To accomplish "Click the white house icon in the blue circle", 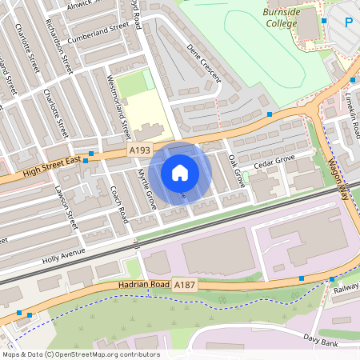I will (180, 173).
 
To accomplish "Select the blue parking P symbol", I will (350, 23).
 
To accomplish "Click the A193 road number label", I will (139, 150).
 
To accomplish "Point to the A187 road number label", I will (185, 285).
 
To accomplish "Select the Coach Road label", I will (118, 205).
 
